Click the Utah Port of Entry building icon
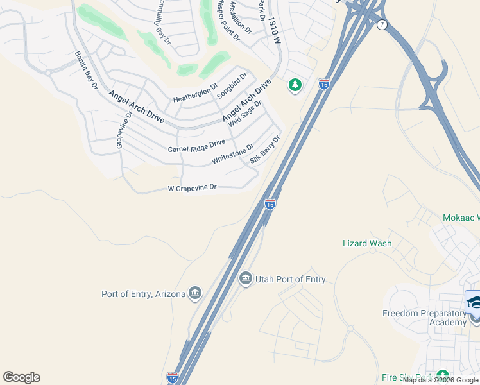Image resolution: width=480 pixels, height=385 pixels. (245, 279)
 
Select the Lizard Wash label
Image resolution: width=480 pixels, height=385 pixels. (367, 243)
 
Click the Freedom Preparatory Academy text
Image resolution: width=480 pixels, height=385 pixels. (424, 318)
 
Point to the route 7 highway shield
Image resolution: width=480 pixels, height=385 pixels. (382, 24)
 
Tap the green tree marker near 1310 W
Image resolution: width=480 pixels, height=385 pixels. (295, 85)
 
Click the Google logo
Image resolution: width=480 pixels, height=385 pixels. (21, 377)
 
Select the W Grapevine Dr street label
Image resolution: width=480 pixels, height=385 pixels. (193, 189)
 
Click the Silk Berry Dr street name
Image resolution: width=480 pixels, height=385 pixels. (266, 150)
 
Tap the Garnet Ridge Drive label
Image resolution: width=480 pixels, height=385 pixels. (196, 146)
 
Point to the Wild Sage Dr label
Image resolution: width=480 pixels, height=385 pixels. (246, 112)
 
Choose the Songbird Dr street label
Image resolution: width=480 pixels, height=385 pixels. (232, 85)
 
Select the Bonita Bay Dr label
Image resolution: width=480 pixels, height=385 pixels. (86, 70)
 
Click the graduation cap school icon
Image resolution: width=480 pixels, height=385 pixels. (473, 302)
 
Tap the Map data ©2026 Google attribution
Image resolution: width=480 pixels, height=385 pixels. (441, 380)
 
